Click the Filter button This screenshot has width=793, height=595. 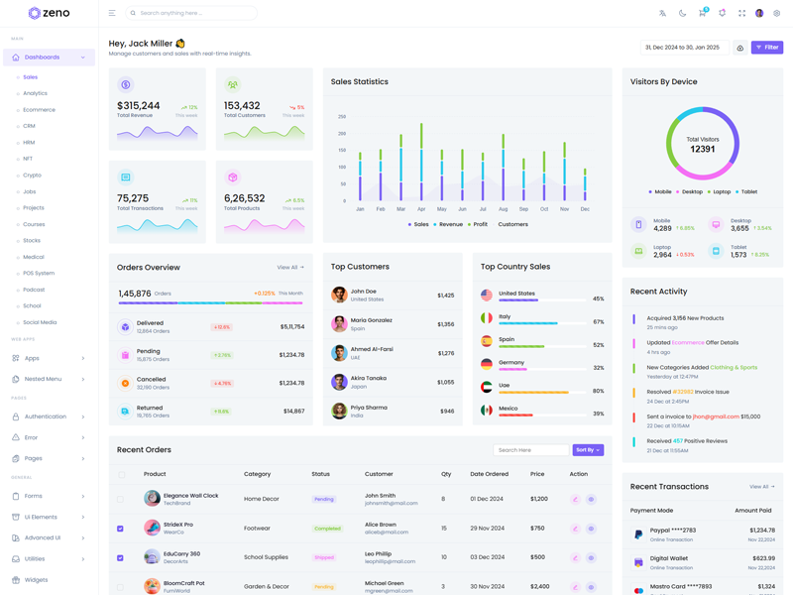pyautogui.click(x=767, y=48)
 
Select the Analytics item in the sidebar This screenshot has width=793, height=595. pyautogui.click(x=36, y=93)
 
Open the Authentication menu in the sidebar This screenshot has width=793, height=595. pyautogui.click(x=46, y=416)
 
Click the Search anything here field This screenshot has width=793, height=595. pyautogui.click(x=193, y=13)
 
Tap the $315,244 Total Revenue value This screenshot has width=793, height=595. pyautogui.click(x=138, y=105)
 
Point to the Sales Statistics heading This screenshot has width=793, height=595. pyautogui.click(x=360, y=81)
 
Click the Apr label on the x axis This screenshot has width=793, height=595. pyautogui.click(x=421, y=209)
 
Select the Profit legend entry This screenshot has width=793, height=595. pyautogui.click(x=480, y=224)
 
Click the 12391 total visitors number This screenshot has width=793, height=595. pyautogui.click(x=702, y=149)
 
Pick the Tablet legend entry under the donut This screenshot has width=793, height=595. pyautogui.click(x=748, y=191)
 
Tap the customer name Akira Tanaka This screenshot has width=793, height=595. pyautogui.click(x=369, y=378)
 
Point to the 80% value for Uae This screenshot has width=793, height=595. pyautogui.click(x=598, y=391)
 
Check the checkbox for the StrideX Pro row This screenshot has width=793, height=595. pyautogui.click(x=121, y=529)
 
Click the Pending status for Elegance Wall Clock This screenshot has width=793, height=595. pyautogui.click(x=324, y=499)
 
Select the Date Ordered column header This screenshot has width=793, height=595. pyautogui.click(x=489, y=474)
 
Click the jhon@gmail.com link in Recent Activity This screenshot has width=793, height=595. pyautogui.click(x=716, y=416)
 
